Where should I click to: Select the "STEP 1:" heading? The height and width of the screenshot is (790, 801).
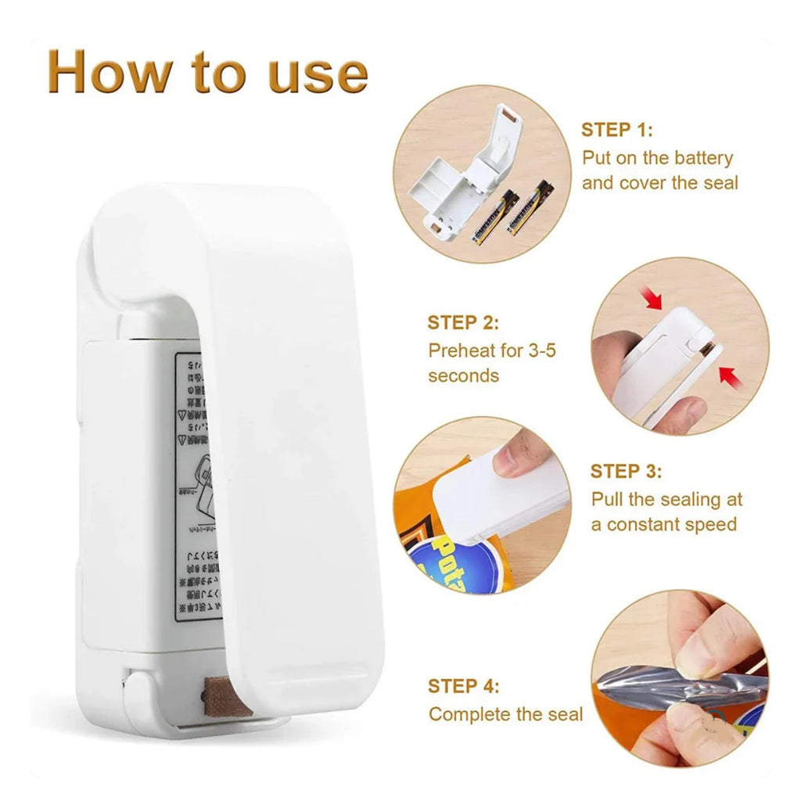(x=616, y=130)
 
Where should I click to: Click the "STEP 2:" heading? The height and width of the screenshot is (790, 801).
(x=462, y=322)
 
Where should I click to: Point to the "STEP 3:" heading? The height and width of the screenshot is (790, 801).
(x=626, y=471)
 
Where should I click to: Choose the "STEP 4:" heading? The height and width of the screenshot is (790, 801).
(x=463, y=686)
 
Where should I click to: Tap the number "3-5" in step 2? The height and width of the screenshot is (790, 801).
(x=541, y=350)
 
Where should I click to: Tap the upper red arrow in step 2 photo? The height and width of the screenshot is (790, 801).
(x=651, y=298)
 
